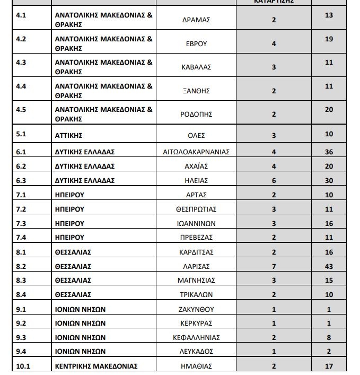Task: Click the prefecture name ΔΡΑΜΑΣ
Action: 196,20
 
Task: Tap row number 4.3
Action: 21,62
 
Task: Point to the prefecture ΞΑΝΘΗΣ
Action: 196,91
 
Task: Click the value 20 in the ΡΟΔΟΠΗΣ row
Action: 329,109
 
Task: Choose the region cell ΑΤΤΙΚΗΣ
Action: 69,135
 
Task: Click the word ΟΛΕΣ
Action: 196,135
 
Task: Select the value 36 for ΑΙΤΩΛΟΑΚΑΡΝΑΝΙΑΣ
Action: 329,152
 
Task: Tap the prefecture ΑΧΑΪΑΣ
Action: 196,166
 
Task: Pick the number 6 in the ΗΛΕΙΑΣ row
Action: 274,180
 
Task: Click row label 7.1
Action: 21,195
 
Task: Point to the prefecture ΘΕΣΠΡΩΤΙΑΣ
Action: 196,209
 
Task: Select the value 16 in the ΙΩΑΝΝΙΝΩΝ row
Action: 329,223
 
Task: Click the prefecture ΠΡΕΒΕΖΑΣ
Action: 196,238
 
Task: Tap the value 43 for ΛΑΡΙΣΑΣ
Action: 329,266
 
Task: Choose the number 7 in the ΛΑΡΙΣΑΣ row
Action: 274,266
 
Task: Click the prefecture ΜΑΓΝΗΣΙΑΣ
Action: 196,280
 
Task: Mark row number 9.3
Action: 21,337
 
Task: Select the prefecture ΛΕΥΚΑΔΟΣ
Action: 196,351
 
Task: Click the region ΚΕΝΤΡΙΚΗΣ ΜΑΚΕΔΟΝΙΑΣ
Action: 96,366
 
